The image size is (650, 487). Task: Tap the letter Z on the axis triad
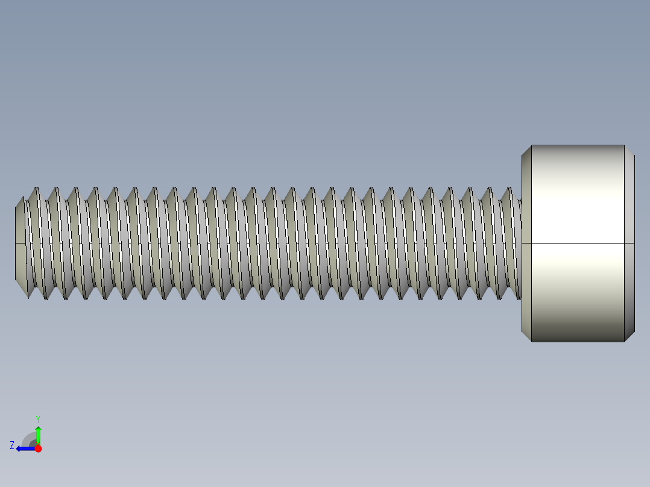(12, 445)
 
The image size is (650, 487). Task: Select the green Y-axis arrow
(38, 433)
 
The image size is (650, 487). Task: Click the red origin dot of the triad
(38, 448)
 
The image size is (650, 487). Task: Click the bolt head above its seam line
(578, 193)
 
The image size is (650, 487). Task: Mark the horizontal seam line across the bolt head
(578, 243)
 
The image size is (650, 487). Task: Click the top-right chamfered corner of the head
(629, 150)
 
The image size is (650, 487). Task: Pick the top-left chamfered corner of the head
(526, 150)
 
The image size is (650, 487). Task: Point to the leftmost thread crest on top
(36, 188)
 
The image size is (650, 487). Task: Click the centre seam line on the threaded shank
(271, 243)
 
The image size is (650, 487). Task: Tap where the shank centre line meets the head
(522, 243)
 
